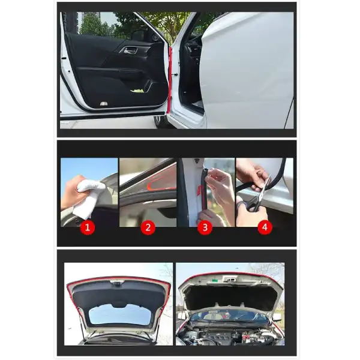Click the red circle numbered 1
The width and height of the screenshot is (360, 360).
[x=88, y=227]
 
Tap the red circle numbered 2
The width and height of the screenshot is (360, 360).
[x=148, y=227]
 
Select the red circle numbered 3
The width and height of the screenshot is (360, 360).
[x=205, y=227]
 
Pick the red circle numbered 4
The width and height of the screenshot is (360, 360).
[x=265, y=227]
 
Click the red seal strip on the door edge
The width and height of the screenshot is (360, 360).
[x=170, y=81]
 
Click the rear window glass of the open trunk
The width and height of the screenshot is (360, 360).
[x=121, y=314]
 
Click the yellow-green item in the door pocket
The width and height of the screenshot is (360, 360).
[x=138, y=91]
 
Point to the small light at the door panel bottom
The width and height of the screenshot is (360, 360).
[x=104, y=104]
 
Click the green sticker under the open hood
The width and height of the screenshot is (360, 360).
[x=215, y=280]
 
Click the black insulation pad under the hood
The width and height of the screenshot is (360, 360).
[x=230, y=298]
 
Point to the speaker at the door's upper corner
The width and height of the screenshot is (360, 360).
[x=155, y=37]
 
